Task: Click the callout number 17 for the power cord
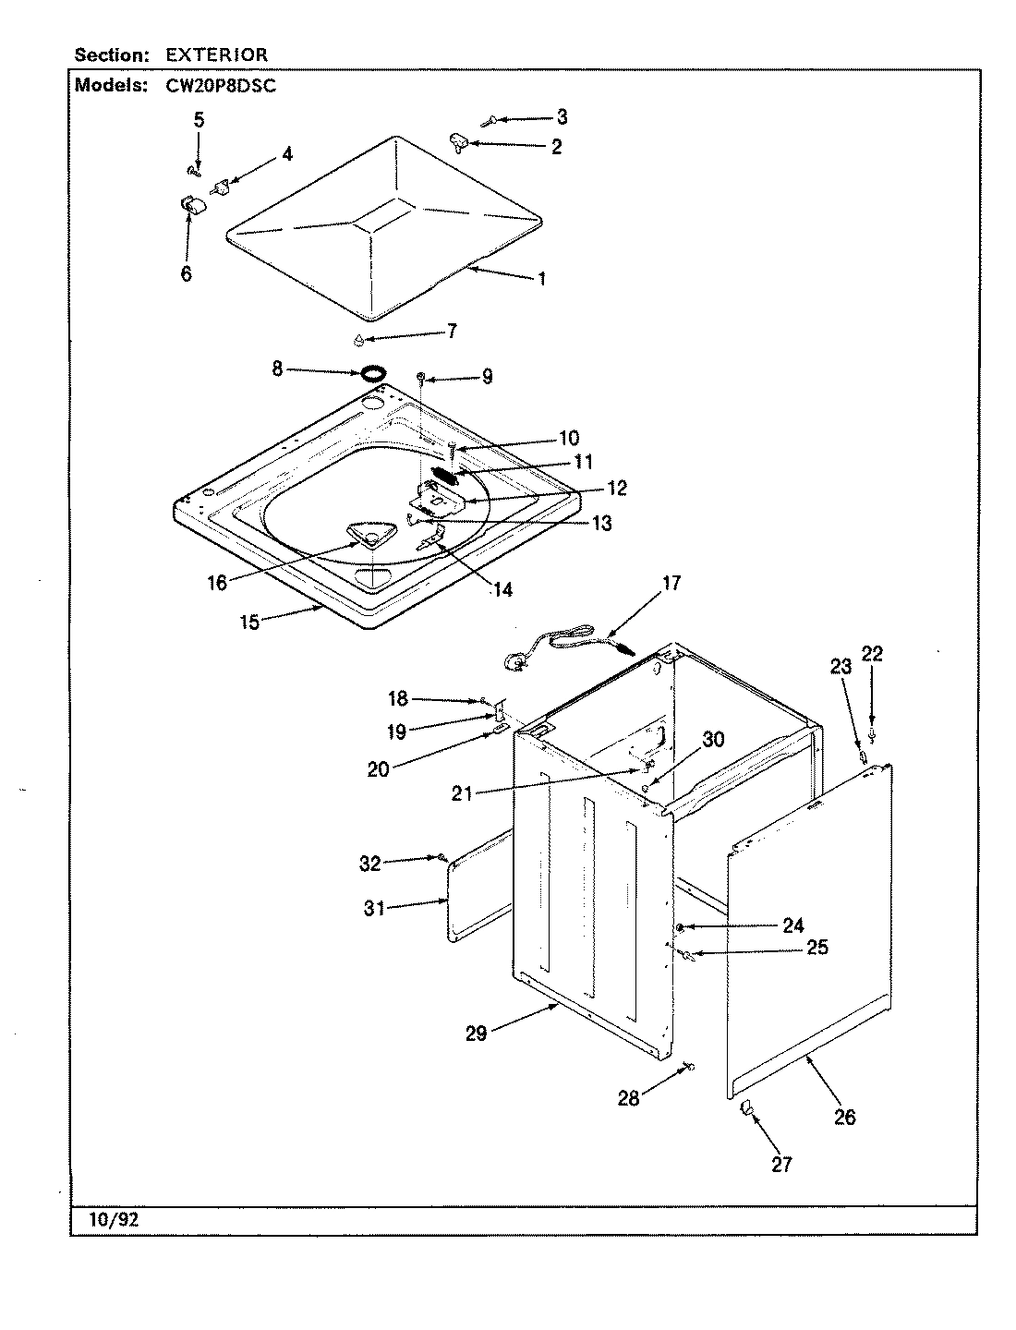[671, 583]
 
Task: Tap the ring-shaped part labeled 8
[372, 373]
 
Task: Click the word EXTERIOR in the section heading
[217, 55]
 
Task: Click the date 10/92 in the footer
[115, 1219]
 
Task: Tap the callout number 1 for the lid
[541, 278]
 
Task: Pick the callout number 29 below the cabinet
[476, 1034]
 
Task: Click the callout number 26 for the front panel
[844, 1117]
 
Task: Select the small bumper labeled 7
[358, 339]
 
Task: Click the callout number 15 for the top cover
[249, 622]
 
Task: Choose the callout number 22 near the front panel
[872, 654]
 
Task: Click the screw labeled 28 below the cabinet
[688, 1068]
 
